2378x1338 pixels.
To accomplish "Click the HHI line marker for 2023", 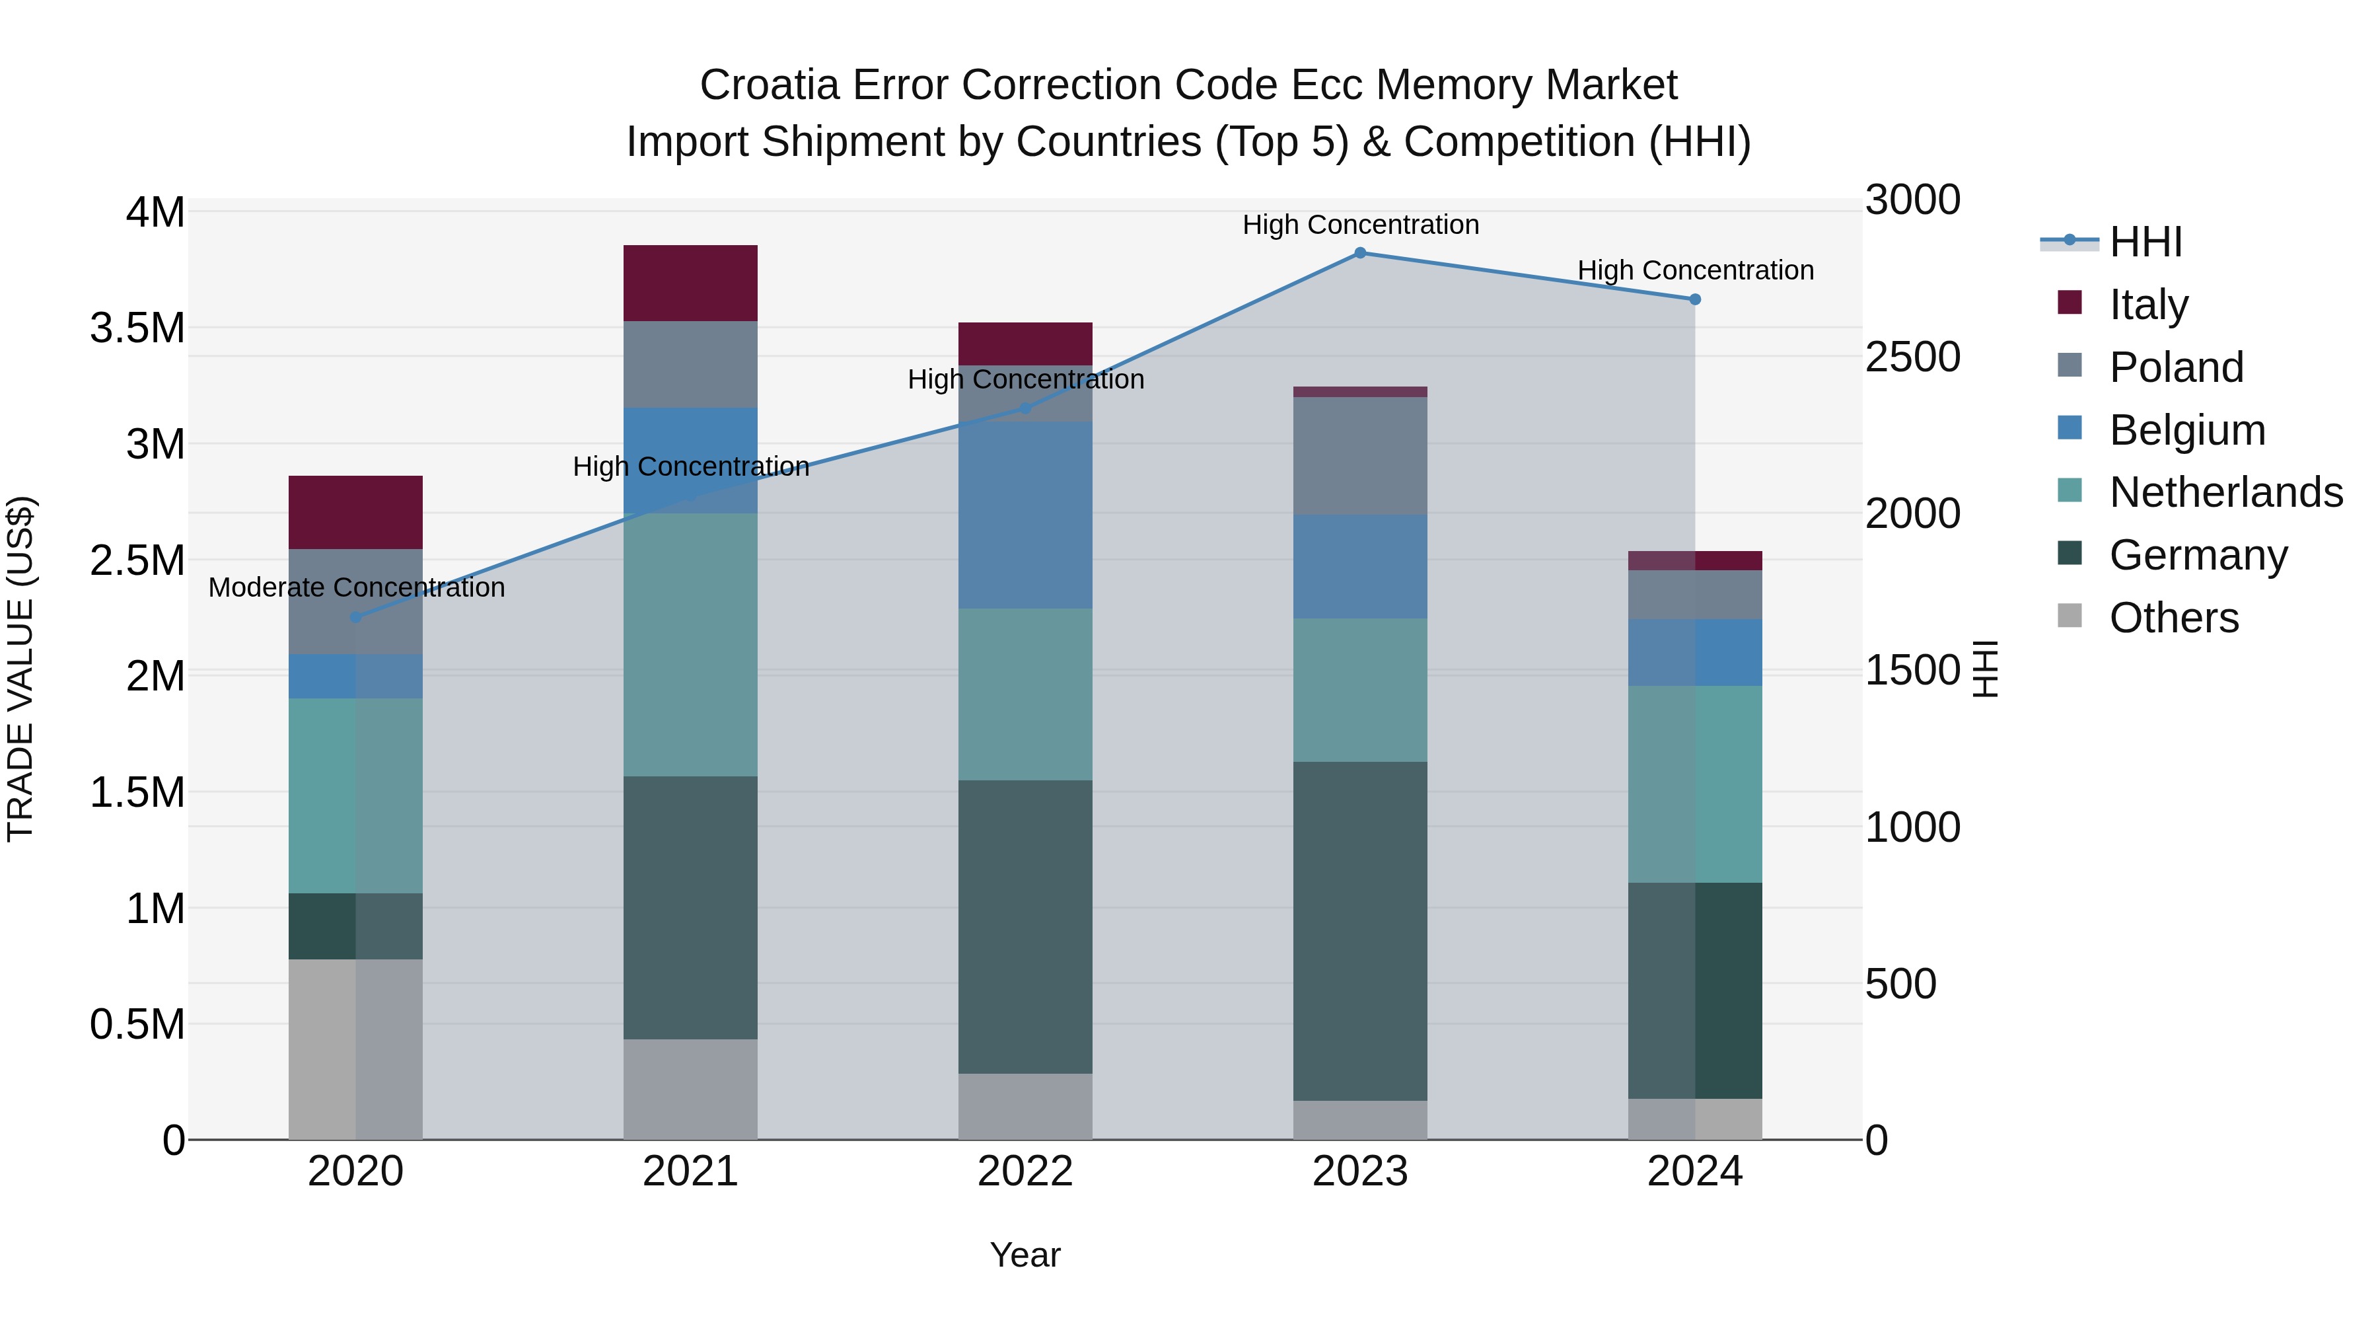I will coord(1360,253).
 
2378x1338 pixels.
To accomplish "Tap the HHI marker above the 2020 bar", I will coord(355,617).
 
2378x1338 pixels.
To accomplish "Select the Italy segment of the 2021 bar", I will coord(690,283).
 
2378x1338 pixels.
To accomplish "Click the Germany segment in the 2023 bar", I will coord(1360,931).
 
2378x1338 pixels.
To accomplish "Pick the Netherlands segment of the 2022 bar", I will coord(1025,694).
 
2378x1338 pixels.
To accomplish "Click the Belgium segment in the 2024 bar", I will coord(1695,652).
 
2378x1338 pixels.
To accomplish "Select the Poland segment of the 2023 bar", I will coord(1360,455).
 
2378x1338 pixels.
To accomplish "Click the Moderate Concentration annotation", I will coord(356,587).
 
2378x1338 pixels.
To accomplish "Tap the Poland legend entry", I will coord(2176,367).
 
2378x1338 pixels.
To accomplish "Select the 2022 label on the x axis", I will coord(1025,1171).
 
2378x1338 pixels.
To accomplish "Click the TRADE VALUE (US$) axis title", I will coord(20,669).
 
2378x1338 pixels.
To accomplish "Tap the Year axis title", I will coord(1025,1255).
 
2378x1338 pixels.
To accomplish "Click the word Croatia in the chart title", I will coord(769,85).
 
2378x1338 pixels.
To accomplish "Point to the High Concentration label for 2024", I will coord(1695,270).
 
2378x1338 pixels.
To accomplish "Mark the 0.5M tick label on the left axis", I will coord(137,1025).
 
